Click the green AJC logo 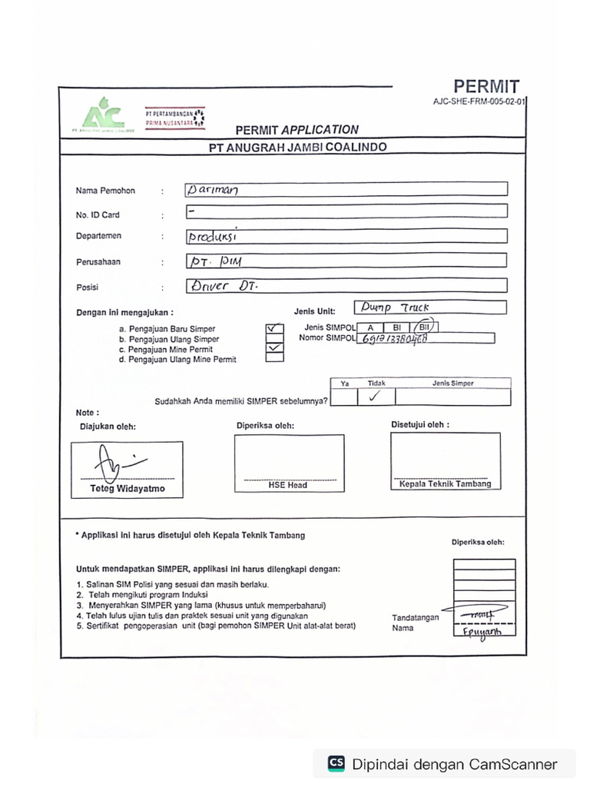point(102,115)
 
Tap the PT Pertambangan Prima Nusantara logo point(174,117)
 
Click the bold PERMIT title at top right point(486,87)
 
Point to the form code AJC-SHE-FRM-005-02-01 point(479,101)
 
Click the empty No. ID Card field point(346,211)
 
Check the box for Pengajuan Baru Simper point(273,328)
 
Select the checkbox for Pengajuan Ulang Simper point(273,338)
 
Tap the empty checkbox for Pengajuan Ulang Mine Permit point(273,357)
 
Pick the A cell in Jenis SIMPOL point(370,328)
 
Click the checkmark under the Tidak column point(375,397)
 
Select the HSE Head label point(288,485)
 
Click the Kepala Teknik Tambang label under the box point(445,484)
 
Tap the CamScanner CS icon point(336,763)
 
